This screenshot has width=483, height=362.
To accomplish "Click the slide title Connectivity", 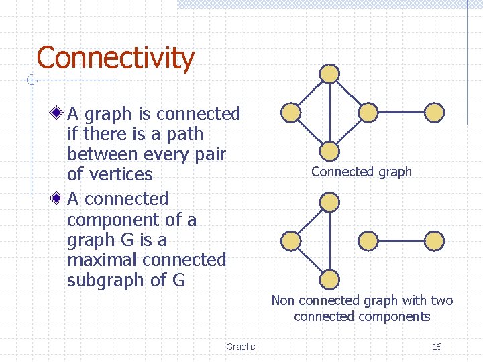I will pyautogui.click(x=115, y=58).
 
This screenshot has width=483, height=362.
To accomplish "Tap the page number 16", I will pyautogui.click(x=437, y=347).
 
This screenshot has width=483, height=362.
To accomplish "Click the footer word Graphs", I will pyautogui.click(x=240, y=347).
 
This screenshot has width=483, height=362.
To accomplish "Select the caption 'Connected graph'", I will pyautogui.click(x=361, y=172).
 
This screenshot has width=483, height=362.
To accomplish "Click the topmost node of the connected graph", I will pyautogui.click(x=329, y=73).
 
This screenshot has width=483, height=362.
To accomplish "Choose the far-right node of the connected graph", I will pyautogui.click(x=435, y=112).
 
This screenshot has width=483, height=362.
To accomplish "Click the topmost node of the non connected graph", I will pyautogui.click(x=329, y=201).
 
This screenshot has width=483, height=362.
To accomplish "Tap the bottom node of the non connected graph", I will pyautogui.click(x=329, y=280).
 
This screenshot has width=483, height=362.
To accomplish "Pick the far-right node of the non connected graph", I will pyautogui.click(x=435, y=240).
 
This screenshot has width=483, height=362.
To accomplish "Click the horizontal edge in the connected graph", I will pyautogui.click(x=401, y=112).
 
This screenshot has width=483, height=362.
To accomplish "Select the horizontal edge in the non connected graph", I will pyautogui.click(x=401, y=240).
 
